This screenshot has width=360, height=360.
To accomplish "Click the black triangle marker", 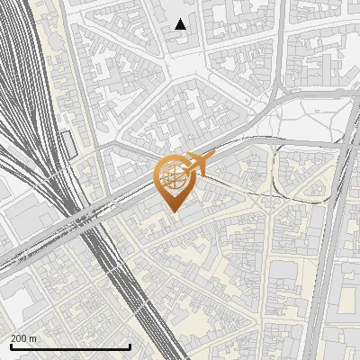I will tap(181, 24).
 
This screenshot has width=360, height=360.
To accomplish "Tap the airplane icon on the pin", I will tap(197, 164).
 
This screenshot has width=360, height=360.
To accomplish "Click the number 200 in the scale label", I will tap(19, 338).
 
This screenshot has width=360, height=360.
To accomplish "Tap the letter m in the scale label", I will tap(33, 338).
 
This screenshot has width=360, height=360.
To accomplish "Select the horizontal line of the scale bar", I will tap(67, 346).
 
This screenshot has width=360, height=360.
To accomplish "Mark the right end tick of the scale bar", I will tap(130, 345).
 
